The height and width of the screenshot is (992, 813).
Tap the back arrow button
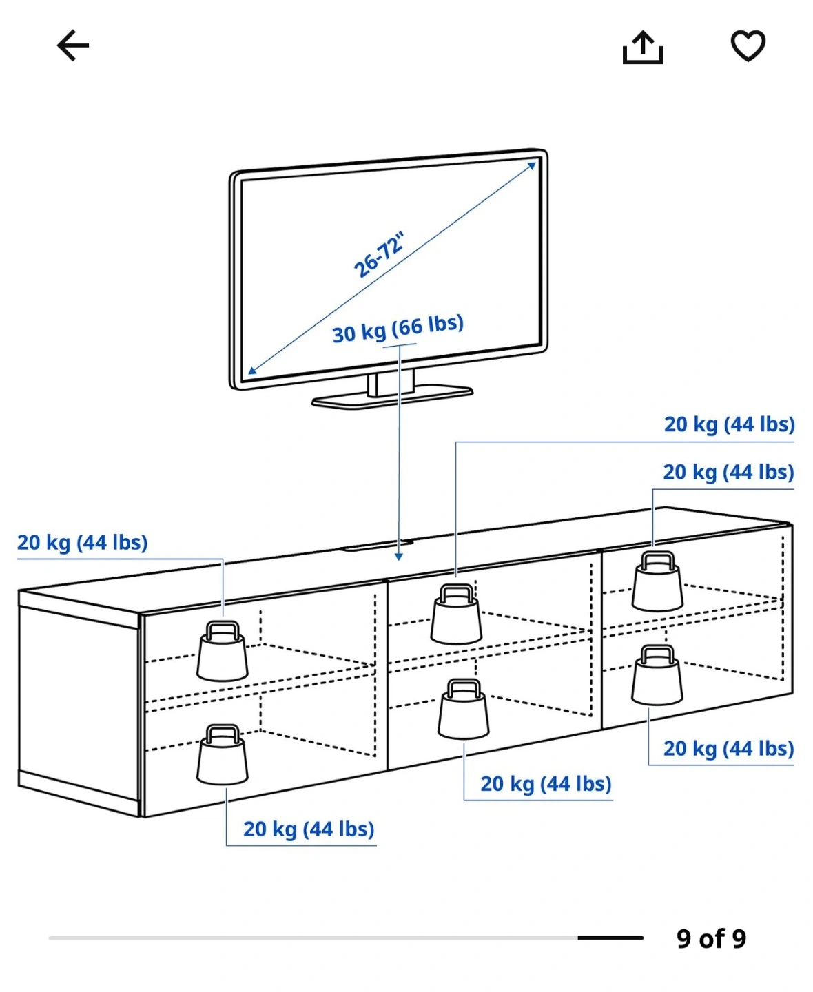(73, 46)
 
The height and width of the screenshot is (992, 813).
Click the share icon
(642, 48)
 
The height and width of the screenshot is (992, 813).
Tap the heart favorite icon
(748, 46)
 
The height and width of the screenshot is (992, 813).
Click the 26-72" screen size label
(378, 256)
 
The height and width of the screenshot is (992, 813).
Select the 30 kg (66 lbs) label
(398, 329)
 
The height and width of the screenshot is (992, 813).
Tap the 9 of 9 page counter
(711, 938)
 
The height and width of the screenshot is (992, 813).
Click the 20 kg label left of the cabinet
(83, 543)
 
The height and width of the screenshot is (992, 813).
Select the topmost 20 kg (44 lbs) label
(729, 424)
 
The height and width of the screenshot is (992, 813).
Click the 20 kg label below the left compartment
(309, 829)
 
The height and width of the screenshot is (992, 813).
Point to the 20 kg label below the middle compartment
(546, 784)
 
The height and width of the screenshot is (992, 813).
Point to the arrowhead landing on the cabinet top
(398, 557)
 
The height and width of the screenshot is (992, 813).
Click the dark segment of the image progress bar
(610, 938)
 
